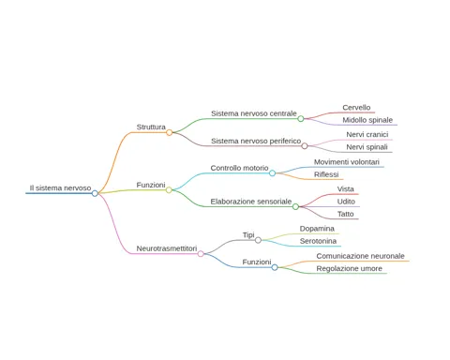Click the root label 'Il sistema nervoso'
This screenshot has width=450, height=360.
coord(60,187)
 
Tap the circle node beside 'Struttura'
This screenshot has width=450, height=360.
coord(169,132)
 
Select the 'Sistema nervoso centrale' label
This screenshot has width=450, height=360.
coord(254,113)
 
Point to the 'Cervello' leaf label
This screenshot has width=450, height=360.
coord(356,108)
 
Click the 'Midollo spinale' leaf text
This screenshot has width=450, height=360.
coord(367,120)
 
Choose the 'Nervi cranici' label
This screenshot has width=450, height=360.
coord(367,134)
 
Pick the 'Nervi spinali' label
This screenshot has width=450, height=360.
coord(367,147)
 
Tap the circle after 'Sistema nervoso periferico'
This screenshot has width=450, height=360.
coord(305,146)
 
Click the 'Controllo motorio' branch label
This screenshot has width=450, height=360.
coord(239,168)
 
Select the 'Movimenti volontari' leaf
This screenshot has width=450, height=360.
coord(347,162)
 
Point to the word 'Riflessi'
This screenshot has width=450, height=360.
coord(326,174)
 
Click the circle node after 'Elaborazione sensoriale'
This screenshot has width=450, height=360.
coord(295,206)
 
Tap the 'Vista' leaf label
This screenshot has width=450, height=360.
coord(345,189)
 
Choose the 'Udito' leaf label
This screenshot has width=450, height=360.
coord(346,202)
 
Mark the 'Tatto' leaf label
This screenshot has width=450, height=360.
coord(345,214)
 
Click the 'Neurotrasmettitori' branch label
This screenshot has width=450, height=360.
coord(167,248)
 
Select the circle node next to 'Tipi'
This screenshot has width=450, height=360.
coord(258,240)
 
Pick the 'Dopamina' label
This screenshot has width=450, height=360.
coord(317,229)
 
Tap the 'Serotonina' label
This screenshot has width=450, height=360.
coord(318,241)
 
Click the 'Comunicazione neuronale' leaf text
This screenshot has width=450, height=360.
coord(360,256)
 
